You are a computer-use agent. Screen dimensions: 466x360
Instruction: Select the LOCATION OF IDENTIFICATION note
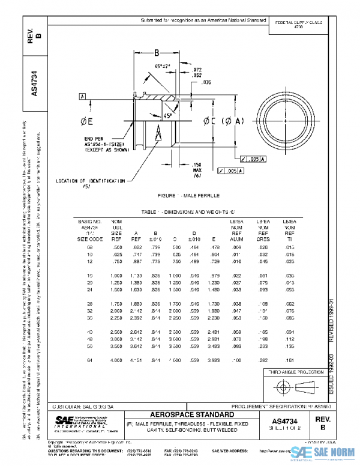tap(90, 180)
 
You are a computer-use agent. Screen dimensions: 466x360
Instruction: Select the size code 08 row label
tap(91, 247)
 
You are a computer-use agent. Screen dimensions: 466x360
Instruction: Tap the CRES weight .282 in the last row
tap(262, 361)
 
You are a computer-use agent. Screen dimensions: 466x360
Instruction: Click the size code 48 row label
tap(91, 339)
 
